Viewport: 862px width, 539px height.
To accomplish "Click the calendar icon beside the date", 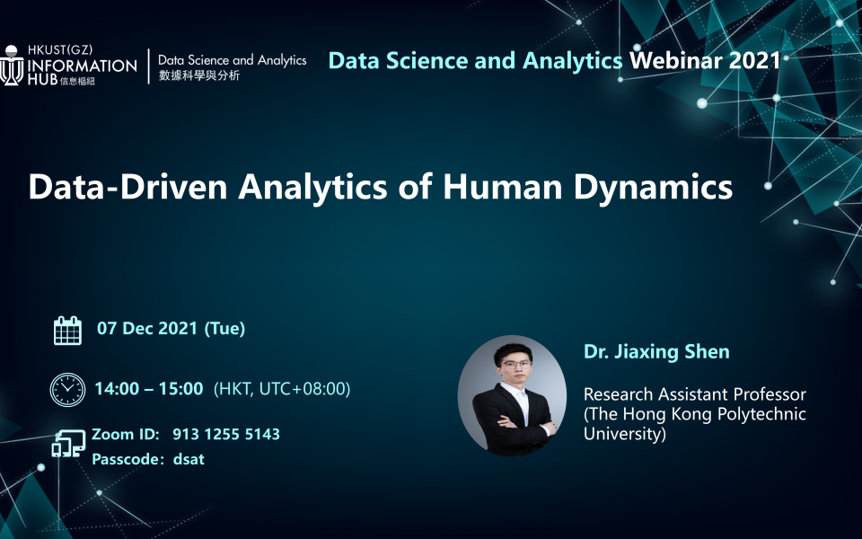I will pyautogui.click(x=67, y=331).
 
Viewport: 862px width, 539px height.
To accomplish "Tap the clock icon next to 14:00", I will pyautogui.click(x=67, y=389).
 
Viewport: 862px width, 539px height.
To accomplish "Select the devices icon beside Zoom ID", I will pyautogui.click(x=68, y=444).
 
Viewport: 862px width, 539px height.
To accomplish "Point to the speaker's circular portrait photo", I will pyautogui.click(x=512, y=396).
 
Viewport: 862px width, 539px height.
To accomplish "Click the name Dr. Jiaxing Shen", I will pyautogui.click(x=656, y=351).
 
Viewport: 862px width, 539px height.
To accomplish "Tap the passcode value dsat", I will pyautogui.click(x=189, y=459).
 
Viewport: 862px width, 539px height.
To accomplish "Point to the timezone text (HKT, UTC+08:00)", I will pyautogui.click(x=282, y=389).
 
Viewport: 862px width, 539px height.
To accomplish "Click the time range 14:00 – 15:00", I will pyautogui.click(x=149, y=389).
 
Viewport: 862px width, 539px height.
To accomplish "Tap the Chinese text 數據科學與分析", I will pyautogui.click(x=199, y=76).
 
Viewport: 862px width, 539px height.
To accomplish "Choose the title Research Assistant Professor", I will pyautogui.click(x=695, y=394).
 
